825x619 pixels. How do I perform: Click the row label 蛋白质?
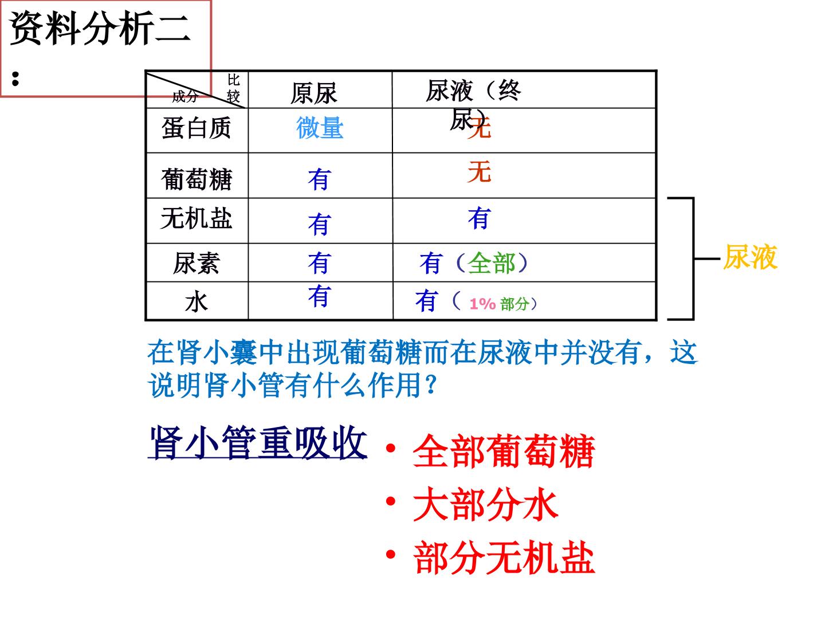pos(196,128)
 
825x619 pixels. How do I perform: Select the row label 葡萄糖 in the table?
pos(196,179)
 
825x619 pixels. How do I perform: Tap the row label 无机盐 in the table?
pos(196,218)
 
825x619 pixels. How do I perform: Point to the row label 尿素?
pos(196,263)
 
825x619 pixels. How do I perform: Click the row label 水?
pos(196,302)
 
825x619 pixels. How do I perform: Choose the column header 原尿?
pos(313,93)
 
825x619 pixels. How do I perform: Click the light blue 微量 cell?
pos(320,128)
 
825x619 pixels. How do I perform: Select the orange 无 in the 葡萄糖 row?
pos(479,171)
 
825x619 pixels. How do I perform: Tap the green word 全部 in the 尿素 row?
pos(491,263)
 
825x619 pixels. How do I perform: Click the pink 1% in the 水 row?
pos(482,304)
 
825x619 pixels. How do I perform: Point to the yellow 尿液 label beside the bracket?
pos(750,257)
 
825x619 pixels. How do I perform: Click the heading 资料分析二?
pos(100,28)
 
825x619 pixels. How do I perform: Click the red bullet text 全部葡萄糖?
pos(504,450)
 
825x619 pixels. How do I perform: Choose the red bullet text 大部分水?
pos(485,504)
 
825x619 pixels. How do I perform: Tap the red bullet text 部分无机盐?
pos(504,558)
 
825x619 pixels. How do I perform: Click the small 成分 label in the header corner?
pos(185,97)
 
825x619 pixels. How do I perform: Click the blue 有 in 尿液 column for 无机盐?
pos(479,218)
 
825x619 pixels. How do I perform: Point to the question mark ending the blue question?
pos(431,385)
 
